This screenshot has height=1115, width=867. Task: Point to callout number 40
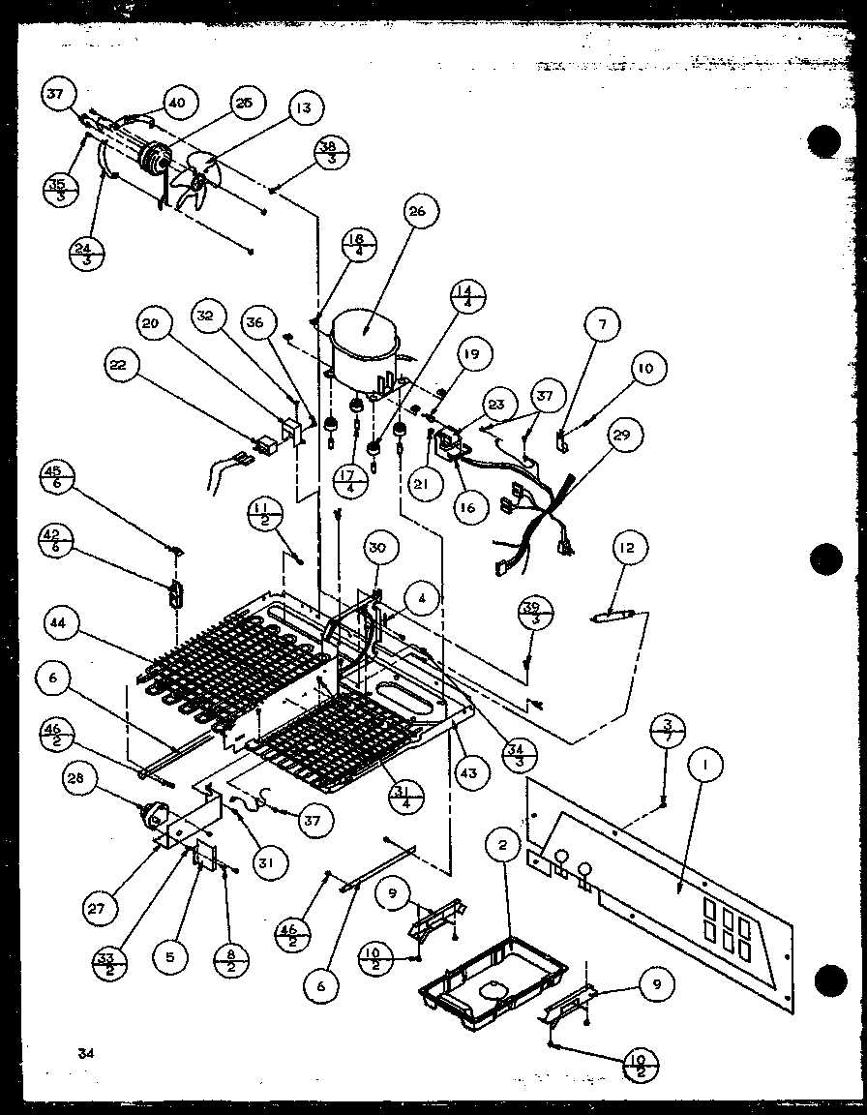tap(180, 103)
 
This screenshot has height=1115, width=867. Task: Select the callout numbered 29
tap(620, 436)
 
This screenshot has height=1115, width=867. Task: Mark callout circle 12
tap(626, 549)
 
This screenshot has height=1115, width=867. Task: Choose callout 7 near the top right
tap(602, 325)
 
